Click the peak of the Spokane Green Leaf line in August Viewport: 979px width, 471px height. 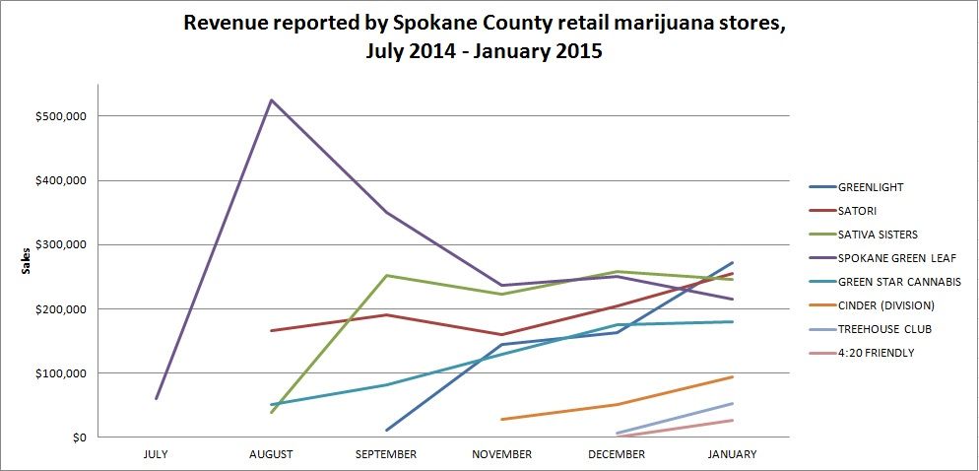click(271, 101)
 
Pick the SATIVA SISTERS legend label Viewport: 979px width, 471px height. click(877, 235)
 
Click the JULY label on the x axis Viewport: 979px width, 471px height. click(156, 454)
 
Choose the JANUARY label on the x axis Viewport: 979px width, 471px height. click(732, 454)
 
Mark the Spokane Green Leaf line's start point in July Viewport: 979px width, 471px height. click(156, 399)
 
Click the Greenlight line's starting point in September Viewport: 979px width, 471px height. click(386, 431)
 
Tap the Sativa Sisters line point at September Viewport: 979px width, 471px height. click(386, 276)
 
